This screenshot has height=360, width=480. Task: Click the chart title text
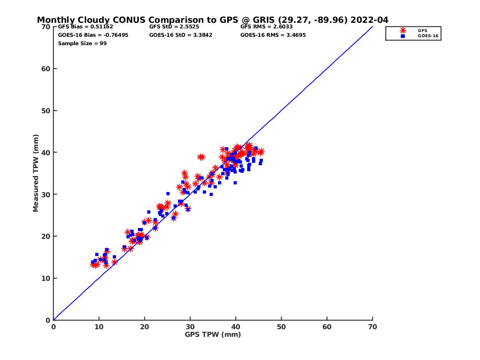[x=212, y=20]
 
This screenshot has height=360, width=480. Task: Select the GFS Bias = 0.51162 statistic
[x=86, y=27]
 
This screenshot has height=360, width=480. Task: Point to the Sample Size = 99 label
[x=82, y=43]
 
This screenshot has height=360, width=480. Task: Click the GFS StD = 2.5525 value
[x=174, y=27]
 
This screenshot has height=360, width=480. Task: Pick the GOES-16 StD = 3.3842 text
[x=180, y=35]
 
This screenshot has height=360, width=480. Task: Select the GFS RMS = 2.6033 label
[x=266, y=27]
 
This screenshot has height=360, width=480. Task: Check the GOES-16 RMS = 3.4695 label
[x=273, y=35]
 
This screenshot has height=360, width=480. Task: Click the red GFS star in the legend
[x=403, y=30]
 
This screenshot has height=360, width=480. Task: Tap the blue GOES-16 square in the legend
[x=403, y=36]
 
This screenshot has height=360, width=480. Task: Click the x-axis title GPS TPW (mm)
[x=213, y=334]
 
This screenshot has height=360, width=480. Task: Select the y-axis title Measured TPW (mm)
[x=36, y=173]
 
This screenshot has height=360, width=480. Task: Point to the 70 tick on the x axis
[x=372, y=327]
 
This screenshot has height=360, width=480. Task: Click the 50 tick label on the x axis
[x=281, y=327]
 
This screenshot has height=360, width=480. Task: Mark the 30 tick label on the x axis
[x=190, y=327]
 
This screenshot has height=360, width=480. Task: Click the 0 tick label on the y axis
[x=48, y=320]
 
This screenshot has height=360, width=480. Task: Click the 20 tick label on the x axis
[x=144, y=327]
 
